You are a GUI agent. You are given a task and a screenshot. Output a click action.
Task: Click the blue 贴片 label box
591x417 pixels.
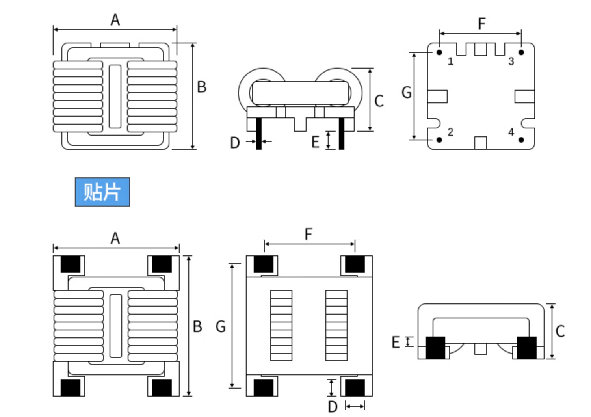(x=102, y=192)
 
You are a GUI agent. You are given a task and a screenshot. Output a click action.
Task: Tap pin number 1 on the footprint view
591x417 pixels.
(x=451, y=61)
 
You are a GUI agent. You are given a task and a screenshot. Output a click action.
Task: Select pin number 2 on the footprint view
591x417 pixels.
(x=451, y=132)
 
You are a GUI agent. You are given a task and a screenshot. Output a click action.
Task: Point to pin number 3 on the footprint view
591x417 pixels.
(x=511, y=61)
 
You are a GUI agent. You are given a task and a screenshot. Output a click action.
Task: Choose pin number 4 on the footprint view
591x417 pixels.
(x=511, y=132)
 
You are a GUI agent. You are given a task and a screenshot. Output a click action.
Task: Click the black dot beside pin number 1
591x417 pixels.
(x=439, y=52)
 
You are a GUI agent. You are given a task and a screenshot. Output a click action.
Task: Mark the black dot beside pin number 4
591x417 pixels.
(x=521, y=140)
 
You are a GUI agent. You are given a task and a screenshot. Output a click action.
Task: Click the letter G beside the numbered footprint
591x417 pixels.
(x=407, y=93)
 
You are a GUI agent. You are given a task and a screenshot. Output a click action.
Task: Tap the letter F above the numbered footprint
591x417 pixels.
(x=482, y=24)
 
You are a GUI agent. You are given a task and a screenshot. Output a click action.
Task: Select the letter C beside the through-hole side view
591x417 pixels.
(x=379, y=101)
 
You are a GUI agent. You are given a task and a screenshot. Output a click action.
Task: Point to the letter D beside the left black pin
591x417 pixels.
(x=235, y=143)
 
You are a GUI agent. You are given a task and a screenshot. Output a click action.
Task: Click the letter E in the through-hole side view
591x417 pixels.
(x=316, y=142)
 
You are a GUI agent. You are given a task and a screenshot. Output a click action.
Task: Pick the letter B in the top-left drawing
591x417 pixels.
(x=202, y=87)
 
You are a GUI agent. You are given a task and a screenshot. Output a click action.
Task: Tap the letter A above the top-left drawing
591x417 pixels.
(x=115, y=20)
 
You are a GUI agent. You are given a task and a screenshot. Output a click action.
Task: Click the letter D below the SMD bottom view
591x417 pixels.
(x=333, y=407)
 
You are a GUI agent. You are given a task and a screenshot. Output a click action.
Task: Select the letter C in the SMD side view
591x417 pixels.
(x=560, y=331)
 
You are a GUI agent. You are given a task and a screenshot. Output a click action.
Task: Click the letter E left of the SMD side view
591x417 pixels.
(x=396, y=342)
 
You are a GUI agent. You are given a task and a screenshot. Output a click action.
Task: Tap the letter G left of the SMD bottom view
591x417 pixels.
(x=221, y=326)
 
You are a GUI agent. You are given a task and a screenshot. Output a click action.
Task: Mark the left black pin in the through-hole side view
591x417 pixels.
(x=259, y=134)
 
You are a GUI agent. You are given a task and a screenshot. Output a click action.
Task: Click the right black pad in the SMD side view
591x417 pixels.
(x=527, y=348)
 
